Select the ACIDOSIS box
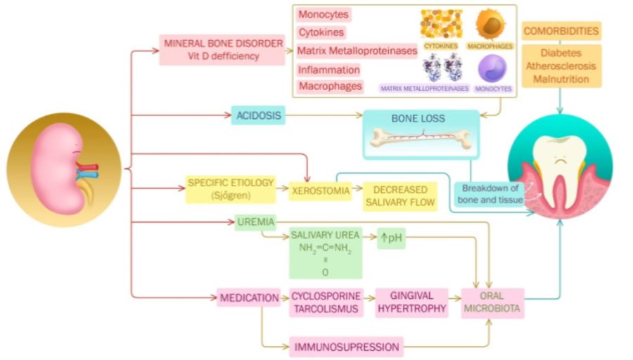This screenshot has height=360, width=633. pos(257,114)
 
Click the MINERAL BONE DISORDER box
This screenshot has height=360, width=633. pos(223,49)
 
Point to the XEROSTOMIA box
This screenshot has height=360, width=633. pos(320,190)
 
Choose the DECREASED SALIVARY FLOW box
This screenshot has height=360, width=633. pos(399,196)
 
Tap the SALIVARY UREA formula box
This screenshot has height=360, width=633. pos(325,253)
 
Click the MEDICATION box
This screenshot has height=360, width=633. pos(249,298)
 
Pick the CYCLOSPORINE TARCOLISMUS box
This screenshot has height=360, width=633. pos(326,302)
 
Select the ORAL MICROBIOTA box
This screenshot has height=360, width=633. pos(492,302)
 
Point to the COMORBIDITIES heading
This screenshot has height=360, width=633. pos(561,31)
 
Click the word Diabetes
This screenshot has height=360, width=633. pos(561,53)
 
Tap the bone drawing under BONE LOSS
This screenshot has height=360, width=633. pos(421,139)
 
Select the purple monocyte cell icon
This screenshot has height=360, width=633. pos(492,69)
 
